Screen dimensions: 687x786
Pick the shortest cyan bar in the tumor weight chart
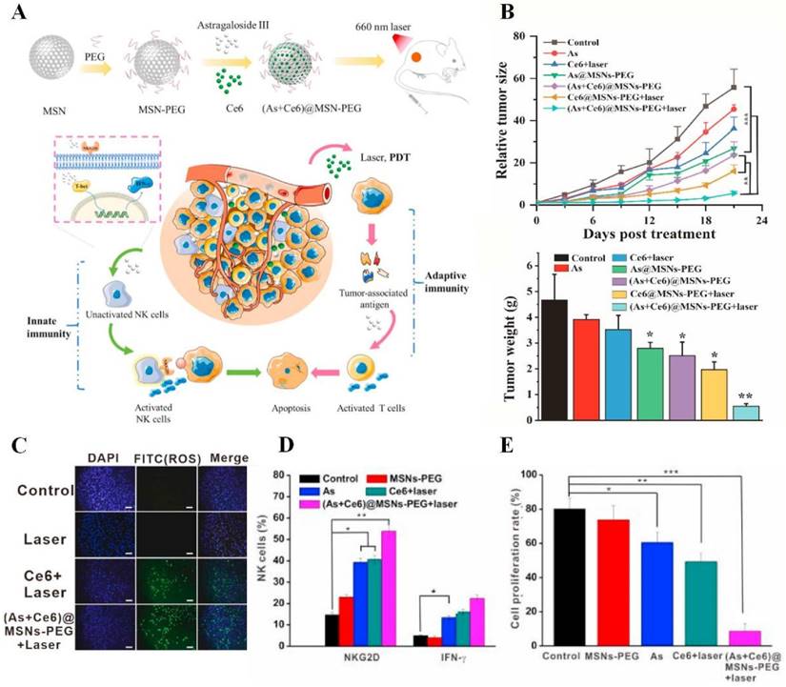744,412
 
